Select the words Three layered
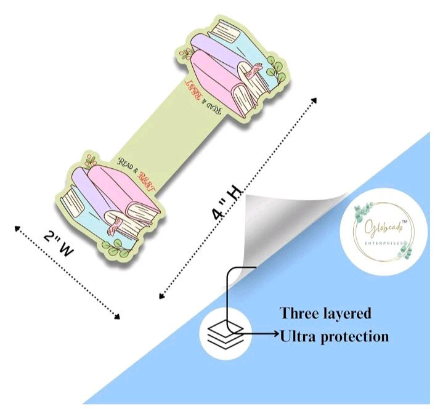(326, 314)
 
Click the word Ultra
(300, 337)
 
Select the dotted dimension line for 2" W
(67, 273)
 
